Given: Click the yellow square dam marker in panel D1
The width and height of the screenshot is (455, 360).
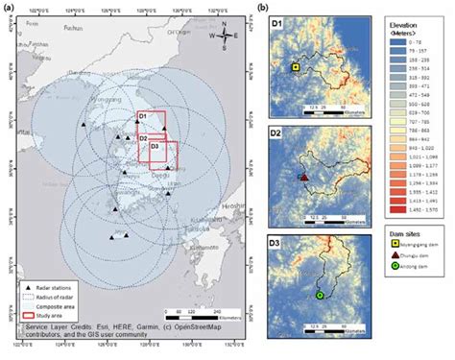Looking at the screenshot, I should tap(296, 67).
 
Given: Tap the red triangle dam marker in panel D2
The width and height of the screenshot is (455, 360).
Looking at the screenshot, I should tap(303, 178).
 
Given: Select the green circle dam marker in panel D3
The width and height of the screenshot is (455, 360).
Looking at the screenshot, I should tap(320, 295).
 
